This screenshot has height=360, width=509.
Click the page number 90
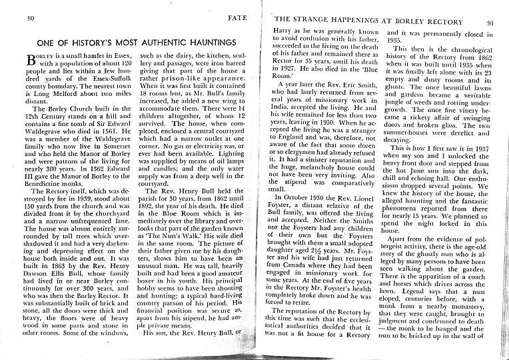(31, 17)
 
